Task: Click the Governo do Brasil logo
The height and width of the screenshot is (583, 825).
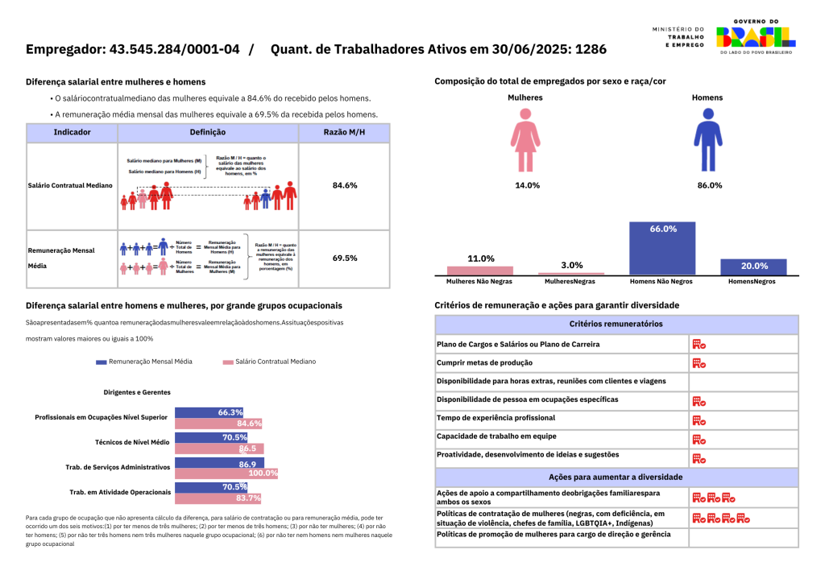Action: (755, 36)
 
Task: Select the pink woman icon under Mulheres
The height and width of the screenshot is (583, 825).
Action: (525, 134)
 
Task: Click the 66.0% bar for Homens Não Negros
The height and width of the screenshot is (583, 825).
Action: (661, 249)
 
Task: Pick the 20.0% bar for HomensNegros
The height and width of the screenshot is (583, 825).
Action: (753, 267)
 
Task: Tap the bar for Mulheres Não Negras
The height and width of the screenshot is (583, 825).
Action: (480, 271)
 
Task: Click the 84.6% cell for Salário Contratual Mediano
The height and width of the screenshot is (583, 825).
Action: (344, 185)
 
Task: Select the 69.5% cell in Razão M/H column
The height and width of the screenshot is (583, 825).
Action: (344, 258)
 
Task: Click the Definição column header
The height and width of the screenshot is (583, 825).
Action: (207, 132)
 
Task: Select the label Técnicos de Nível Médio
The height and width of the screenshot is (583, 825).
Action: (132, 442)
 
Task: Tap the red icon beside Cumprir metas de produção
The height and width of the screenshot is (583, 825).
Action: (699, 363)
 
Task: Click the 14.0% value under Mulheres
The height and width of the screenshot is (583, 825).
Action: (527, 185)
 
